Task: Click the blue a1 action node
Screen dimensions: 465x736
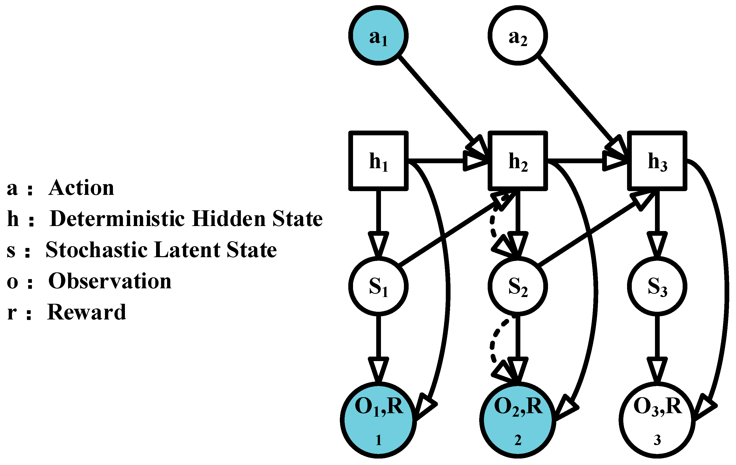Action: [378, 35]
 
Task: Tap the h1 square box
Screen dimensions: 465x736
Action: [378, 161]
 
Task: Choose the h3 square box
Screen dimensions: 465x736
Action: [657, 161]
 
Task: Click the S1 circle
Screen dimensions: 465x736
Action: [378, 286]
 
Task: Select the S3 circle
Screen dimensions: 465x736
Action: [657, 286]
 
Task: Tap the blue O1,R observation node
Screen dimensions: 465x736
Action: [378, 420]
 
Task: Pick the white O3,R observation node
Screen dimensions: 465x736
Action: [657, 420]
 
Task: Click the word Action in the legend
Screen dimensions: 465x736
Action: [81, 188]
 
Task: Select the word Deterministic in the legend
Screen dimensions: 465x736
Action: [117, 219]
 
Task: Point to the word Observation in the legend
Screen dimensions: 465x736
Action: [110, 281]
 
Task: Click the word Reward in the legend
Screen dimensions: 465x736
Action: [87, 312]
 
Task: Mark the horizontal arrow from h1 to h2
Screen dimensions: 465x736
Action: [440, 160]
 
